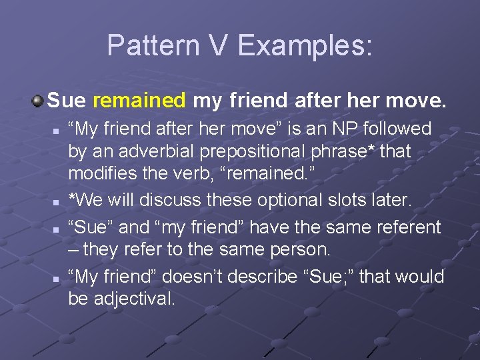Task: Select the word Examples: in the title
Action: click(306, 46)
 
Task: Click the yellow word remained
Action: click(139, 101)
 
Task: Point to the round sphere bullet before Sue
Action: click(38, 101)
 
